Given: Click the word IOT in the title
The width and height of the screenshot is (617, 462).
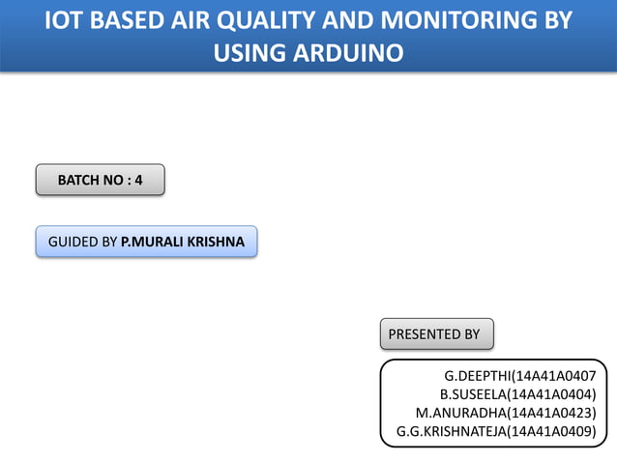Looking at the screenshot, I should pyautogui.click(x=69, y=20).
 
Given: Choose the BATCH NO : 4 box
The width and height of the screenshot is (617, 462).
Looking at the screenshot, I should pyautogui.click(x=100, y=180).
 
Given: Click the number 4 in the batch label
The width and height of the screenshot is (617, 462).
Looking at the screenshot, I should pyautogui.click(x=138, y=180).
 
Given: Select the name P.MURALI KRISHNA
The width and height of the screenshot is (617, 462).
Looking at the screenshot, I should pyautogui.click(x=183, y=242).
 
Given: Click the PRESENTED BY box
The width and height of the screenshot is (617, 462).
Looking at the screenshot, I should pyautogui.click(x=435, y=334).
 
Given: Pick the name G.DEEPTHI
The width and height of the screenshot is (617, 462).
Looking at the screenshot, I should pyautogui.click(x=477, y=375).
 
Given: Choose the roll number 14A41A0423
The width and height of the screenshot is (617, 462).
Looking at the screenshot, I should pyautogui.click(x=551, y=413).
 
